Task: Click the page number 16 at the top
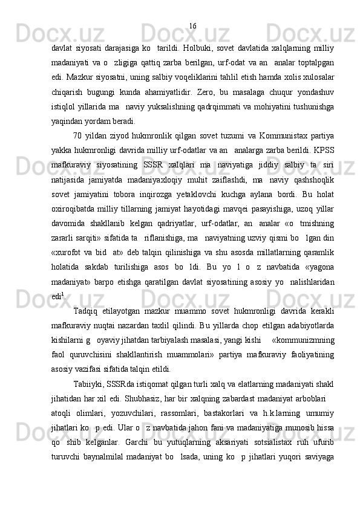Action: pos(192,25)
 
